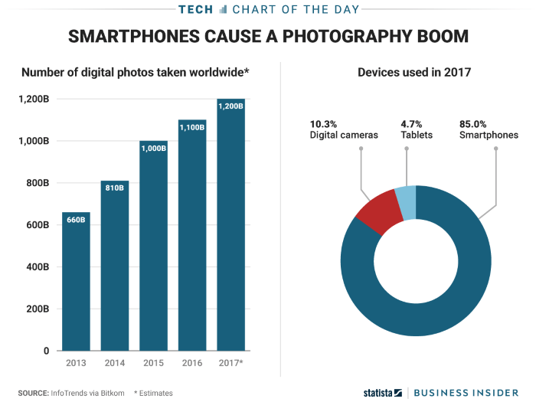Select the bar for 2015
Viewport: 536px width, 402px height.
153,245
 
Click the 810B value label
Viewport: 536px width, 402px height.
115,187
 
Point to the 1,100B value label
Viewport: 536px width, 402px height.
192,126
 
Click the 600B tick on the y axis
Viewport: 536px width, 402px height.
38,225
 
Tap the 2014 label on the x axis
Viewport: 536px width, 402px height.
115,362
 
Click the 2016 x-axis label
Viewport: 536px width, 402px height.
192,362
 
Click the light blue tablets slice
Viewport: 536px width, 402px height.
406,202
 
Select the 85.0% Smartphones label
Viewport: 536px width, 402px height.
488,129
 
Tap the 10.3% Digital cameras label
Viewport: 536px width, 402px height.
344,129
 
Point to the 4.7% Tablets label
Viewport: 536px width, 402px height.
417,129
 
